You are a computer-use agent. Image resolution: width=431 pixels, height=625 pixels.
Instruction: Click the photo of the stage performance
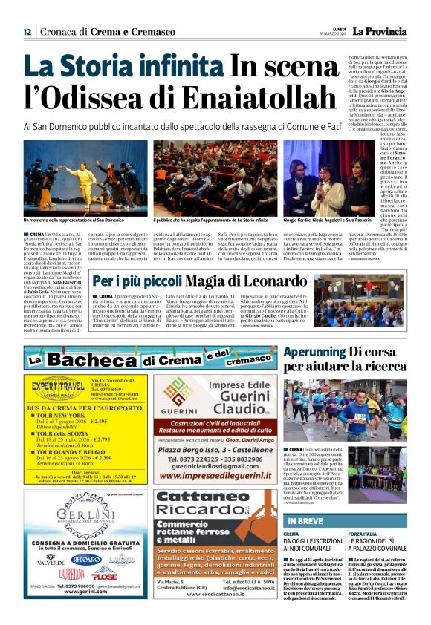(85, 178)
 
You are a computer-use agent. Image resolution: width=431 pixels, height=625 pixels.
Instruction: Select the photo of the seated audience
(215, 178)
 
